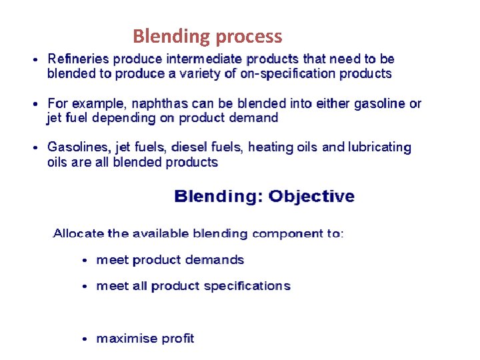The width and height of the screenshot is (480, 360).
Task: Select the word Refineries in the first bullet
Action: (77, 60)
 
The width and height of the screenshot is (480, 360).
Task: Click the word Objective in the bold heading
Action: (311, 197)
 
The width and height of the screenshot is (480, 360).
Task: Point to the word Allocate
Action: (79, 234)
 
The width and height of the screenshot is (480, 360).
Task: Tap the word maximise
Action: (124, 339)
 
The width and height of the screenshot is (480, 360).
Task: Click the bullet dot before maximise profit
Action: (84, 339)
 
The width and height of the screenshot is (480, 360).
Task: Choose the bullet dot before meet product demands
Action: (84, 261)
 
